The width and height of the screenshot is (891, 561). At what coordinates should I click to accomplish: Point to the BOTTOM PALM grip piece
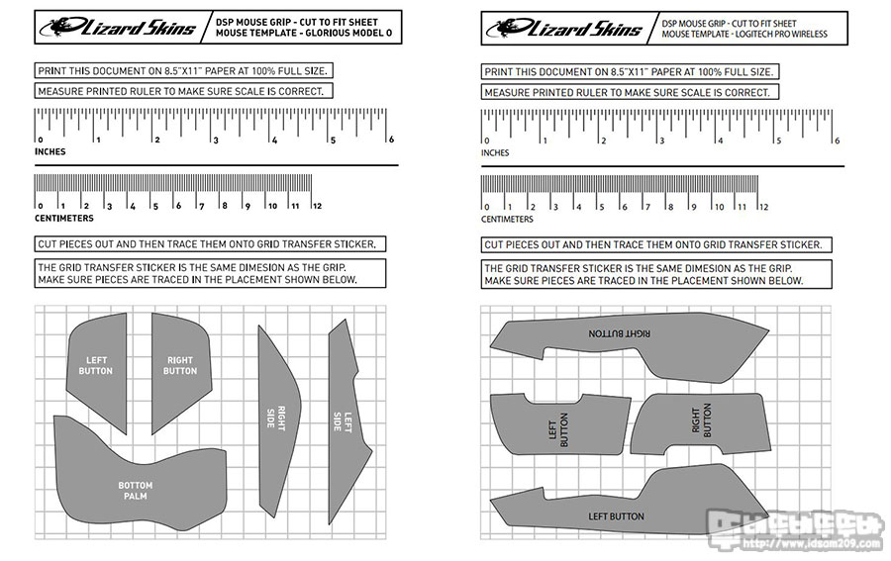coord(135,490)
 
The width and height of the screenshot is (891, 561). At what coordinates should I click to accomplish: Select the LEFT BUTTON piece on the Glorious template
coord(96,365)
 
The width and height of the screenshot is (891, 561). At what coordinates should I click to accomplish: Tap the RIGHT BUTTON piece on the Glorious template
coord(180,365)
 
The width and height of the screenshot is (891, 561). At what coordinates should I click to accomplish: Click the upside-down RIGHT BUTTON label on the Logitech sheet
coord(619,334)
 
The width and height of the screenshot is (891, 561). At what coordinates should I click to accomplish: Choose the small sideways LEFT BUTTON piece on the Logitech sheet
coord(557,431)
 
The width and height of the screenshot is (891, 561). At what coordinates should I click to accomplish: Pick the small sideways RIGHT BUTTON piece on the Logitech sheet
coord(701,422)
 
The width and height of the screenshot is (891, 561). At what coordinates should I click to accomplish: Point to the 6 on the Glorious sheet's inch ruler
coord(392,140)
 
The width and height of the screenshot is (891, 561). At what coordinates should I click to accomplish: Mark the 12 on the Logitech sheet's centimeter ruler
coord(762,207)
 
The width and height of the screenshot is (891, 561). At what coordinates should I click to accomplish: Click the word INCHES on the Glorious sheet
coord(50,152)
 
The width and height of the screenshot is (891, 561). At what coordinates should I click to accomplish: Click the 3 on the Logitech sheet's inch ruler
coord(661,140)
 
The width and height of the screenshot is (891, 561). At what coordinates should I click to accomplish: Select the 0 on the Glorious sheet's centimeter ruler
coord(39,206)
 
